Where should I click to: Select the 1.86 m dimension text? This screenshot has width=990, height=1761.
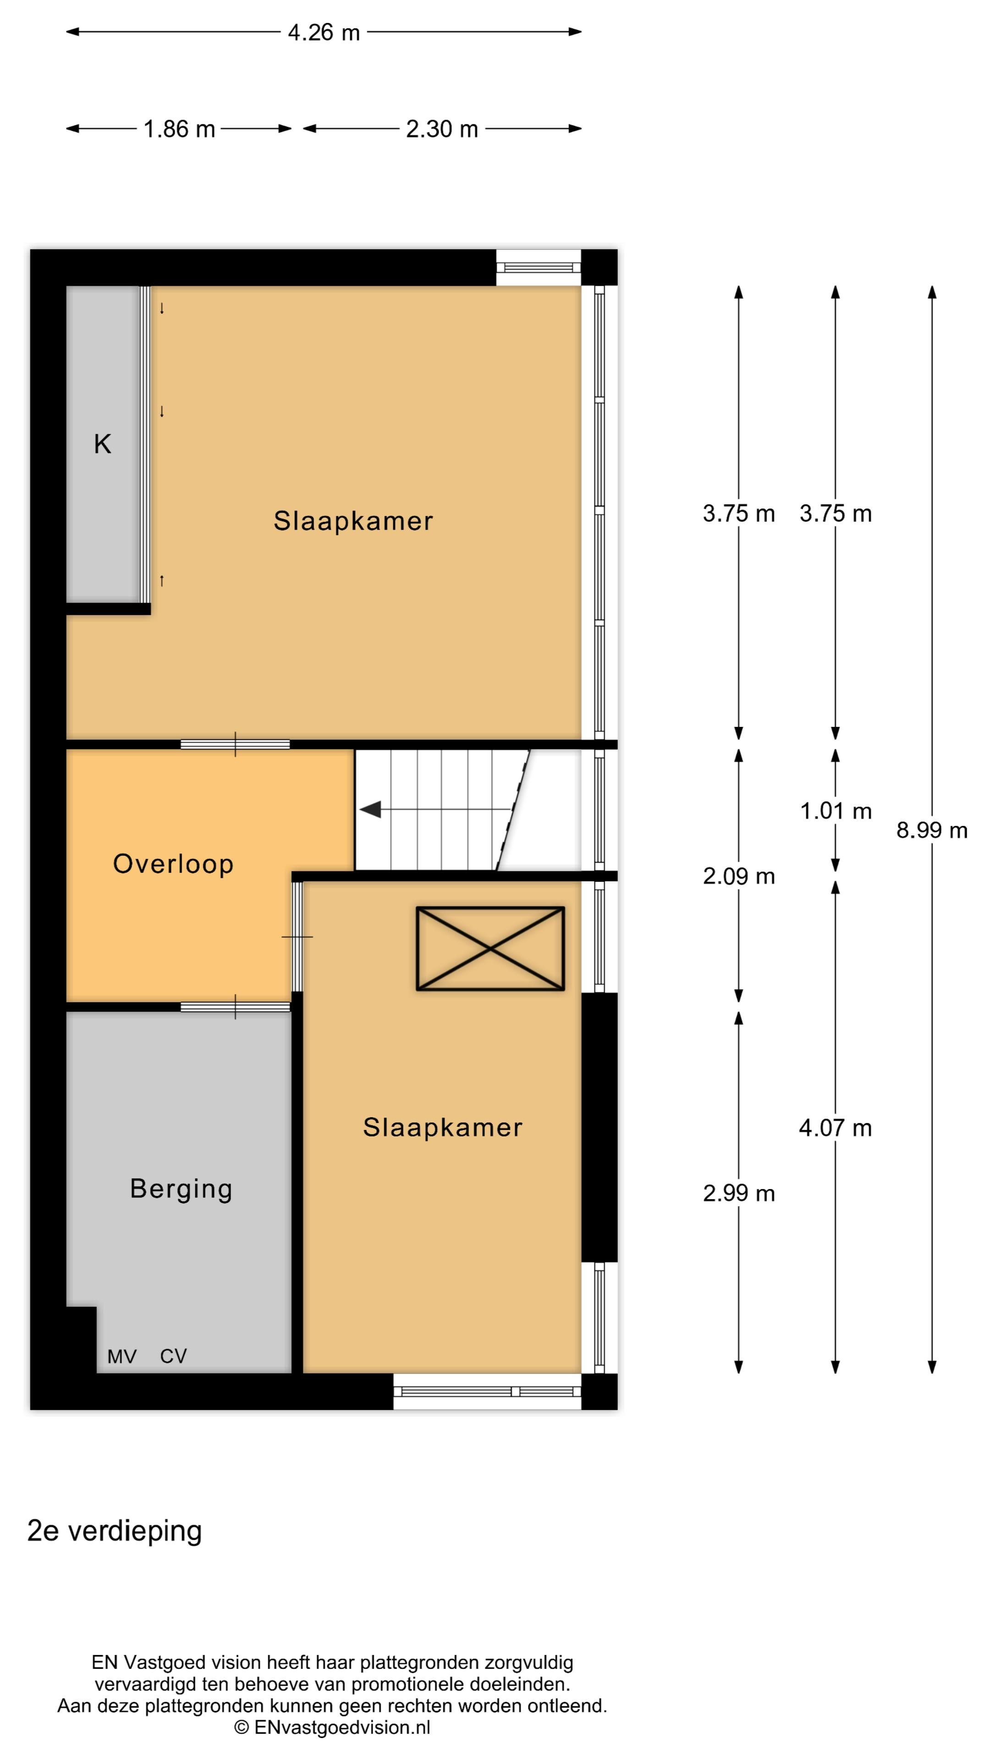pos(179,129)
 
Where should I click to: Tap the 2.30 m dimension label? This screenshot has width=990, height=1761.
pos(441,129)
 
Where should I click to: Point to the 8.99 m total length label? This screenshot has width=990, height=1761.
pos(932,831)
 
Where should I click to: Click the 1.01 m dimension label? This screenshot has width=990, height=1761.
pos(836,811)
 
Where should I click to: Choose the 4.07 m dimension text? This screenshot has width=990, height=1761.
pos(836,1128)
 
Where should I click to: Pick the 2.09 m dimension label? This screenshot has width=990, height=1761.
pos(738,876)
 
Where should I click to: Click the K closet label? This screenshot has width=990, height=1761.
pos(103,444)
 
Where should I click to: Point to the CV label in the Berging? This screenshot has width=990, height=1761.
pos(173,1357)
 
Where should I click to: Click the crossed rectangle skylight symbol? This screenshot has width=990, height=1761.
pos(490,948)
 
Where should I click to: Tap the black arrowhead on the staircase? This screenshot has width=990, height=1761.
pos(370,810)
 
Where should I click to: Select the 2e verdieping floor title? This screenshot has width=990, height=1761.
pos(115,1531)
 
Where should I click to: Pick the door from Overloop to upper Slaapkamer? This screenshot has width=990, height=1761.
pos(235,744)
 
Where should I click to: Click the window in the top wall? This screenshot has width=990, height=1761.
pos(539,267)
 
